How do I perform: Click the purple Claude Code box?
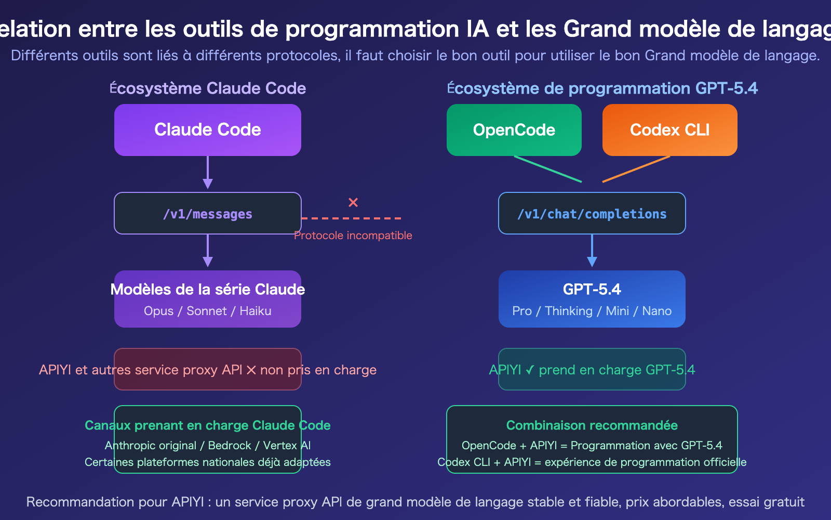(x=208, y=130)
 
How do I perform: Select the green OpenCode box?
(x=514, y=130)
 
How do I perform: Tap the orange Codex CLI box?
(x=670, y=130)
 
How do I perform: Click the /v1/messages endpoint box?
(x=208, y=214)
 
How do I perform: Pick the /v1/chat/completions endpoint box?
(x=592, y=214)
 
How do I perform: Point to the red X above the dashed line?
(x=353, y=202)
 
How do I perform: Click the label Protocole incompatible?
(x=353, y=236)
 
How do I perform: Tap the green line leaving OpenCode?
(x=548, y=169)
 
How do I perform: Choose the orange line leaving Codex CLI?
(x=636, y=169)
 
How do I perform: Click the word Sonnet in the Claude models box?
(x=207, y=311)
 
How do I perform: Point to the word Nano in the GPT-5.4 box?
(x=657, y=311)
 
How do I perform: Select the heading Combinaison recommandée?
(x=592, y=425)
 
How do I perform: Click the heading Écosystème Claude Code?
(x=208, y=88)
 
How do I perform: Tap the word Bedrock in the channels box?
(x=230, y=446)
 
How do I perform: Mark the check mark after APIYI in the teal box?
(x=530, y=370)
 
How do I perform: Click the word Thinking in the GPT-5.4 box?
(x=569, y=311)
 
